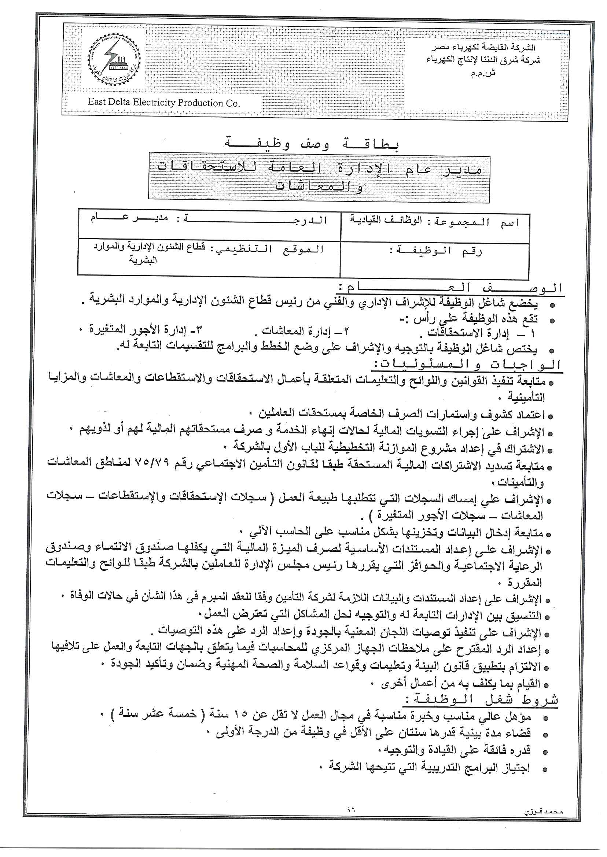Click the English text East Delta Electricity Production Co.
(164, 102)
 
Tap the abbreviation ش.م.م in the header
(483, 73)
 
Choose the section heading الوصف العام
(450, 288)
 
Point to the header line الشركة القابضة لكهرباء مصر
(483, 48)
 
